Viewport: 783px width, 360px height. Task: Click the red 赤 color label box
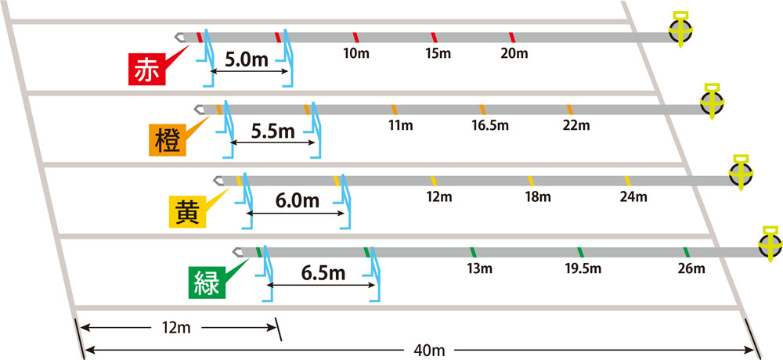coord(146,69)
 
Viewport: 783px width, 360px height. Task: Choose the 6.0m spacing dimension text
coord(298,201)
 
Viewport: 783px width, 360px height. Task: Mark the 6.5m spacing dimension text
coord(323,272)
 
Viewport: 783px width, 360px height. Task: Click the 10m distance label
coord(356,53)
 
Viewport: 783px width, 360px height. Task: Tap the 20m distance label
coord(514,53)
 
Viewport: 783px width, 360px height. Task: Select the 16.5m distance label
coord(490,125)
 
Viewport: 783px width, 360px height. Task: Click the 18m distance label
coord(539,196)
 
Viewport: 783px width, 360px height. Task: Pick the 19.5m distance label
coord(584,268)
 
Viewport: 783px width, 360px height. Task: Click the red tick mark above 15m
coord(434,37)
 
